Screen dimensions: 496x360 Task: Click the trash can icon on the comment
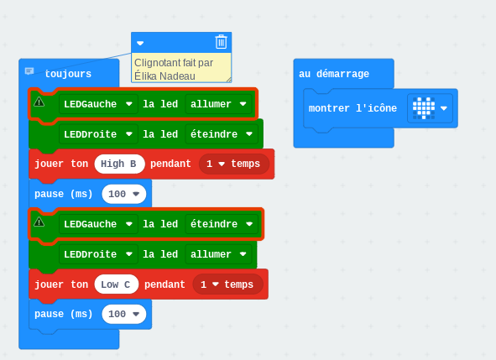pyautogui.click(x=221, y=42)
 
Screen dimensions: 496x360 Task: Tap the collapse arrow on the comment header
pyautogui.click(x=140, y=43)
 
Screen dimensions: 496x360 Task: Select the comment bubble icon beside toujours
pyautogui.click(x=29, y=70)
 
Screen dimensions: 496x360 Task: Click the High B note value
pyautogui.click(x=119, y=164)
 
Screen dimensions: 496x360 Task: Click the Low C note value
pyautogui.click(x=116, y=284)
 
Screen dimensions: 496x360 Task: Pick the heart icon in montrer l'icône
pyautogui.click(x=424, y=108)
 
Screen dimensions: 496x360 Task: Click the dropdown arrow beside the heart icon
pyautogui.click(x=444, y=108)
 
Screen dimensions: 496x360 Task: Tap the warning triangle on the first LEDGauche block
pyautogui.click(x=39, y=102)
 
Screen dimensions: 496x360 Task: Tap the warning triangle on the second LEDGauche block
pyautogui.click(x=39, y=222)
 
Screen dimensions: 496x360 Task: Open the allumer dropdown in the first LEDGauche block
pyautogui.click(x=218, y=104)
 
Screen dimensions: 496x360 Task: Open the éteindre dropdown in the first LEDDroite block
pyautogui.click(x=222, y=134)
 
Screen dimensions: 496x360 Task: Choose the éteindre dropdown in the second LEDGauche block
pyautogui.click(x=222, y=224)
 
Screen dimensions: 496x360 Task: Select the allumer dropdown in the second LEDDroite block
pyautogui.click(x=218, y=254)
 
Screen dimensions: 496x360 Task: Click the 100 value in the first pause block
pyautogui.click(x=123, y=194)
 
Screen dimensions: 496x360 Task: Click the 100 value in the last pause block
pyautogui.click(x=123, y=314)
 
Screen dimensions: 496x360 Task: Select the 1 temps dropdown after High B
pyautogui.click(x=234, y=164)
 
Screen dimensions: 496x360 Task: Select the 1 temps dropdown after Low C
pyautogui.click(x=227, y=284)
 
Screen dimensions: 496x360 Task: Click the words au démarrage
pyautogui.click(x=334, y=74)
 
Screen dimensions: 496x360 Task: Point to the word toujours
pyautogui.click(x=68, y=74)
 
